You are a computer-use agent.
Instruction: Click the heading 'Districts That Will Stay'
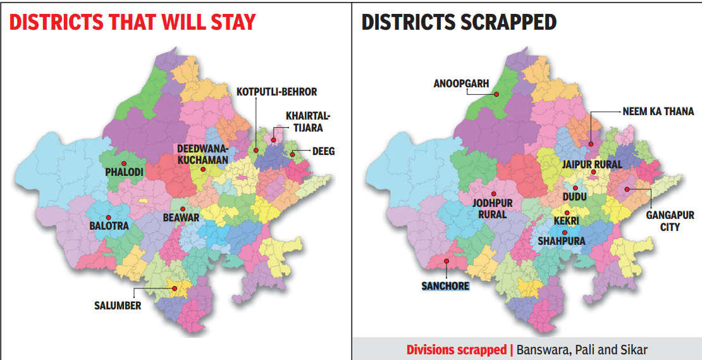coord(132,23)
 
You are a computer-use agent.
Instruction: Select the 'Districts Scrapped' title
coord(459,23)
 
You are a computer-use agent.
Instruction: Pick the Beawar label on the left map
coord(181,218)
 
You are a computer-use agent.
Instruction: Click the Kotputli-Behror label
coord(276,92)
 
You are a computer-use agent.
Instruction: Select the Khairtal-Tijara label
coord(308,122)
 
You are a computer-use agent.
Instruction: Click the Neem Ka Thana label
coord(658,111)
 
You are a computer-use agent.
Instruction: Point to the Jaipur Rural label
coord(592,164)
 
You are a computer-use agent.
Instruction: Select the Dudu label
coord(575,197)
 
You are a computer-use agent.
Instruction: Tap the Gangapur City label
coord(670,221)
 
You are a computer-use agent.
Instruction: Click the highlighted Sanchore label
coord(445,286)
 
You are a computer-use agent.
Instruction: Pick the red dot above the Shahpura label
coord(565,232)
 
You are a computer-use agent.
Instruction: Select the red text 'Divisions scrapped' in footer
coord(459,349)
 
